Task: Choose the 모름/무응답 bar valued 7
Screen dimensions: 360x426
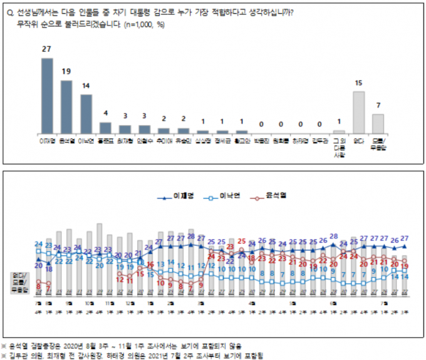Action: pyautogui.click(x=378, y=123)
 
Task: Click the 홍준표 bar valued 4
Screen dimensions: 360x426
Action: pyautogui.click(x=105, y=127)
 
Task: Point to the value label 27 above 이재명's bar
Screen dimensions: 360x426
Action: pyautogui.click(x=46, y=49)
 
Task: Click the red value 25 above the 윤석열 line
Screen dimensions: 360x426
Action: pyautogui.click(x=241, y=240)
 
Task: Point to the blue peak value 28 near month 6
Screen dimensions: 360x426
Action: pyautogui.click(x=333, y=236)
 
